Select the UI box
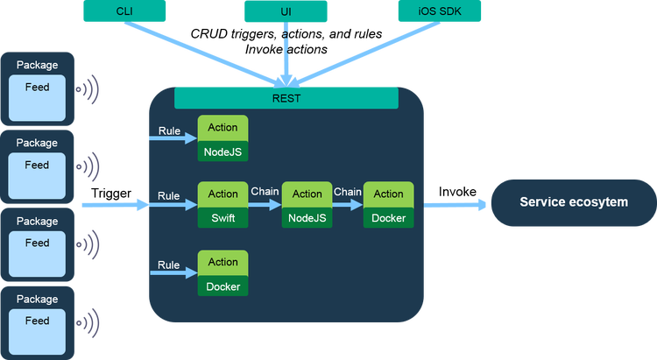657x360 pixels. coord(286,11)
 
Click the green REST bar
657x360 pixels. coord(286,98)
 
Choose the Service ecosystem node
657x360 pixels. coord(573,202)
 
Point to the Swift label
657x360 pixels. coord(223,218)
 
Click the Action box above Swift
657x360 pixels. coord(223,194)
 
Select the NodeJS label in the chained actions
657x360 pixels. coord(307,218)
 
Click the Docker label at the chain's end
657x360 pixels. coord(388,218)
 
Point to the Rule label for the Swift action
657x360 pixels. coord(169,195)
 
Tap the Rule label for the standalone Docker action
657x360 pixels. coord(169,265)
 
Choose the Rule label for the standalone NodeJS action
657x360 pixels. coord(169,131)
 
